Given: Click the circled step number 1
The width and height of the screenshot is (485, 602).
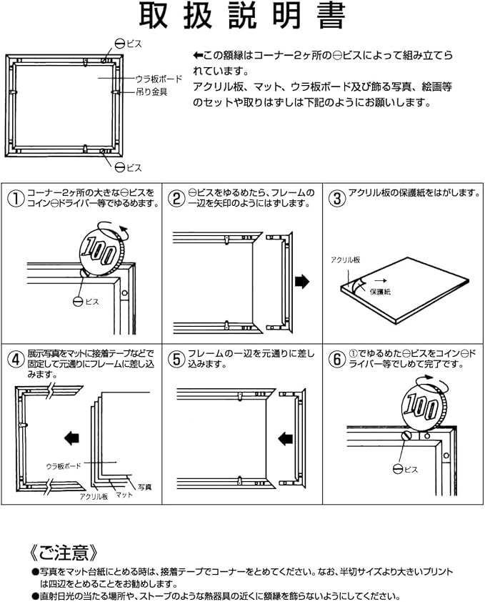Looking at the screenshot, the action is click(16, 199).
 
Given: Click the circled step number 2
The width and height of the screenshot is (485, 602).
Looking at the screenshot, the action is click(176, 199).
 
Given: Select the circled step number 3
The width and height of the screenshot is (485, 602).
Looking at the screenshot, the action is click(336, 199).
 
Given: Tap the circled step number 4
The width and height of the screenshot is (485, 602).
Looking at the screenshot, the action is click(16, 360).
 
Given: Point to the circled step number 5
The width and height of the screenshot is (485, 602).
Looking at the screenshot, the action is click(176, 360).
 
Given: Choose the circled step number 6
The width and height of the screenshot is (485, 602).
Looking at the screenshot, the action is click(336, 360).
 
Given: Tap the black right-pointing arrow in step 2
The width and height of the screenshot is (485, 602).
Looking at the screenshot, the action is click(302, 282).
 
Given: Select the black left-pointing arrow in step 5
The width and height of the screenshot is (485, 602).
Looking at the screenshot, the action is click(285, 438).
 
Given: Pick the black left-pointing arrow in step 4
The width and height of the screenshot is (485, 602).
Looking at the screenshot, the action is click(71, 438).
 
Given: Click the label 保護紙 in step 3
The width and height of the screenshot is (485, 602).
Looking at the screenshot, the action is click(380, 292).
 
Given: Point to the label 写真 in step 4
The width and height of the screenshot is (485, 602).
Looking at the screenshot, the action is click(145, 487).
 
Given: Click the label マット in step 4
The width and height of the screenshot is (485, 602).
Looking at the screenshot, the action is click(124, 495).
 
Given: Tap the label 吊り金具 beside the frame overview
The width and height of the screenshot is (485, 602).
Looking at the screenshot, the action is click(151, 92).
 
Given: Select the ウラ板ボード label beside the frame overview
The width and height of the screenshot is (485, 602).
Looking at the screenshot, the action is click(159, 79).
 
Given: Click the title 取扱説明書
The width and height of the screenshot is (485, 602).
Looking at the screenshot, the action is click(242, 16).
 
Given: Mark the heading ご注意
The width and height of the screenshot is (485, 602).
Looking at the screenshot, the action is click(64, 553).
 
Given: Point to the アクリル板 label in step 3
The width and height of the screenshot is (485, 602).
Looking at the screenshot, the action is click(345, 260).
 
